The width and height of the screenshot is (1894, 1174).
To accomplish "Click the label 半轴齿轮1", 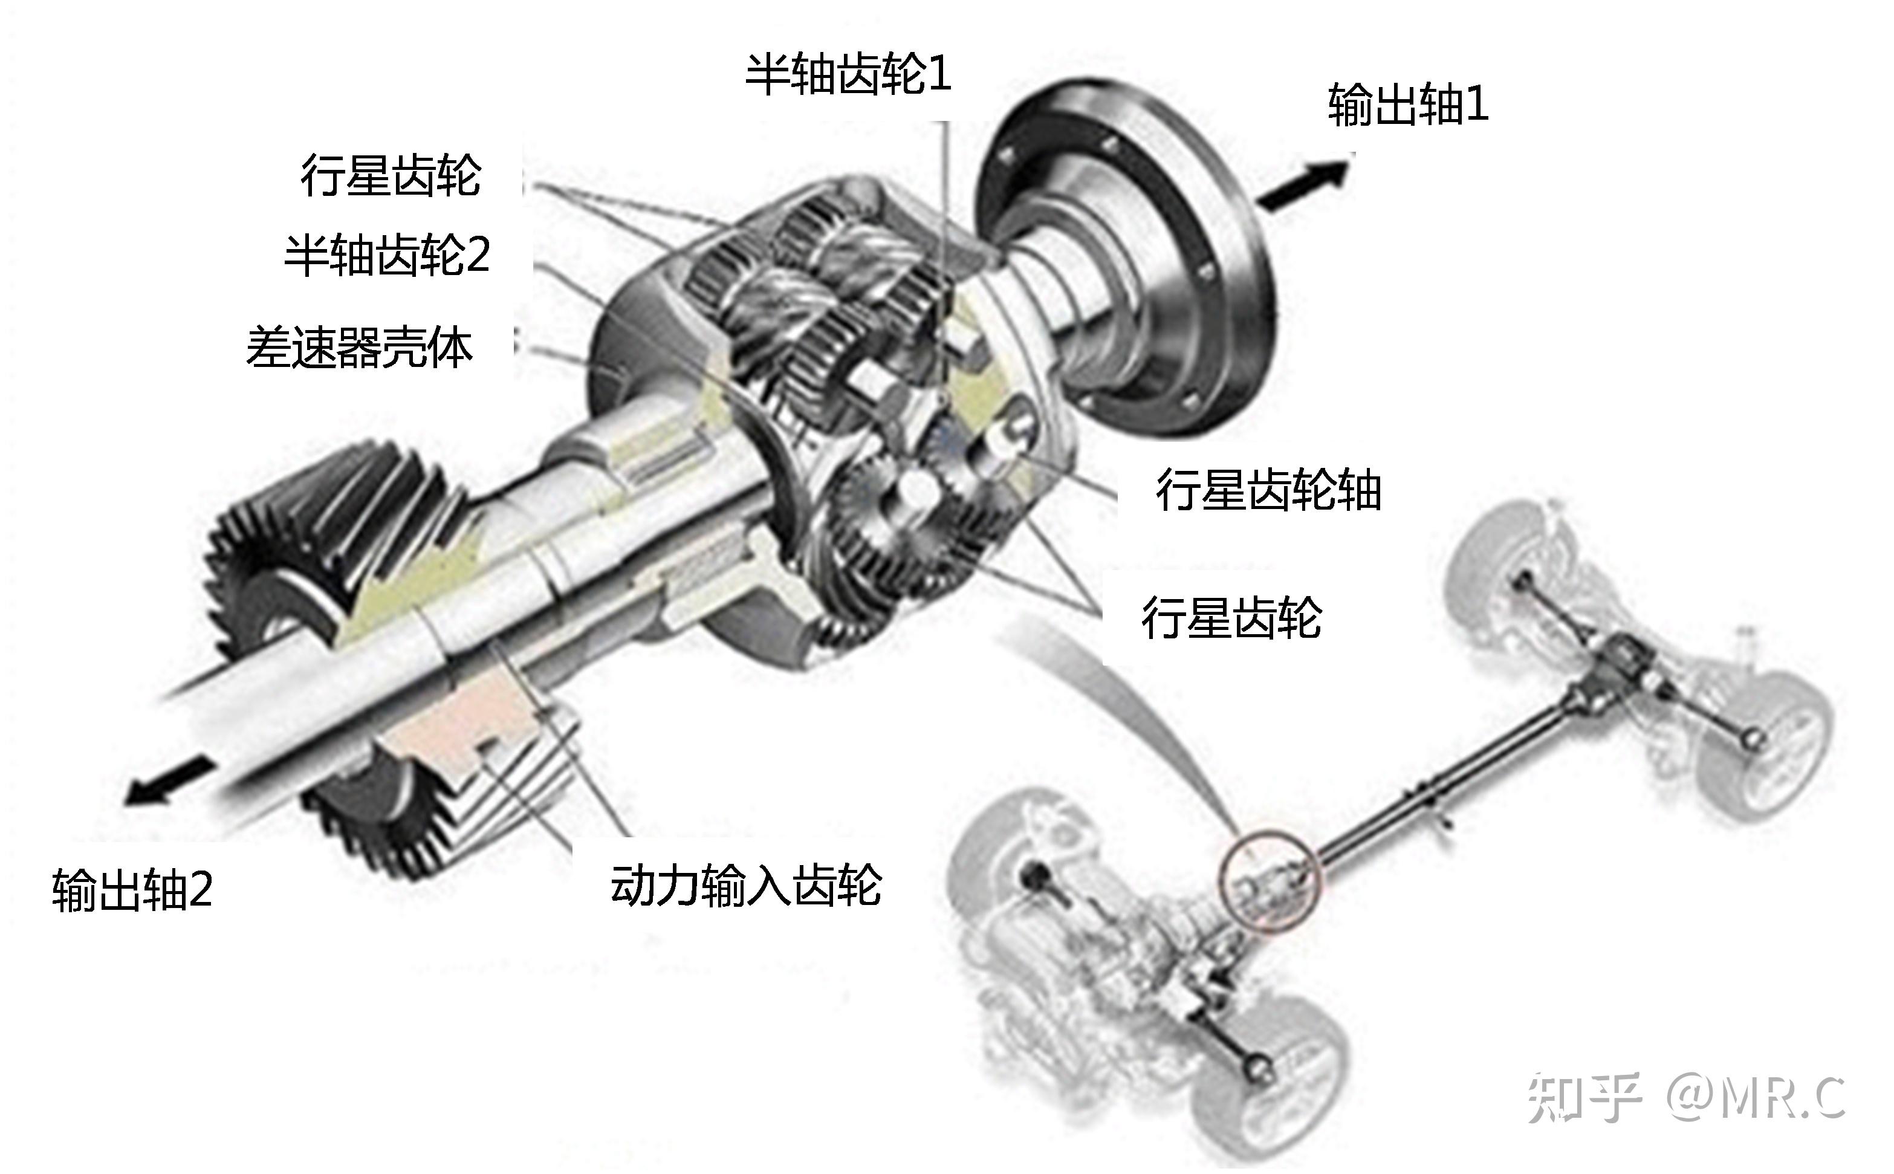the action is click(848, 74).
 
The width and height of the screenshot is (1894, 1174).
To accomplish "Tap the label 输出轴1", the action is click(1407, 105).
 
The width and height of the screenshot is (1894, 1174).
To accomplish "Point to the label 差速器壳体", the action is click(359, 346).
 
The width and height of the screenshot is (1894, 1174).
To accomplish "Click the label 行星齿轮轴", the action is click(1268, 490).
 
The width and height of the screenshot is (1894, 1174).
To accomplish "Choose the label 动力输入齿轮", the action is click(746, 884).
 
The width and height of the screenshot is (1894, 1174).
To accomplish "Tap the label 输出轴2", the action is click(132, 889).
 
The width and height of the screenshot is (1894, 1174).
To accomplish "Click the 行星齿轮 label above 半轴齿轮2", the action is click(391, 175).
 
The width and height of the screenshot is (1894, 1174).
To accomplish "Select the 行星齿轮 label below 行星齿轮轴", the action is click(1231, 618).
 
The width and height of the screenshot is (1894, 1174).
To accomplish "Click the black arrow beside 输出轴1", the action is click(1304, 183).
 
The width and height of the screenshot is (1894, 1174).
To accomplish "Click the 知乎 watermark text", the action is click(1583, 1097).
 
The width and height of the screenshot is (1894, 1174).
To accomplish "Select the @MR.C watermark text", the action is click(1756, 1097).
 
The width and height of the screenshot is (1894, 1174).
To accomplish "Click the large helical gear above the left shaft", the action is click(334, 536).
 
